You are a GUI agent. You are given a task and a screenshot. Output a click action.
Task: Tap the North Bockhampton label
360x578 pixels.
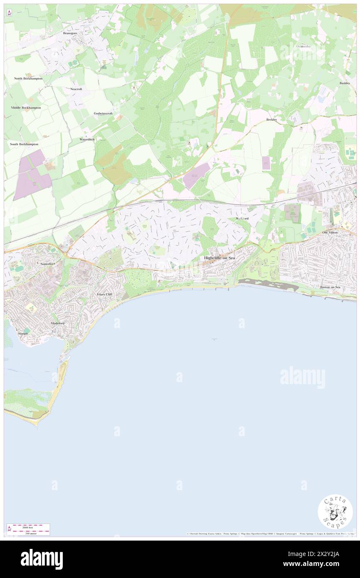28,78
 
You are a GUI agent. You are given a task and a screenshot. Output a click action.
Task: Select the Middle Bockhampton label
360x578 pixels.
26,107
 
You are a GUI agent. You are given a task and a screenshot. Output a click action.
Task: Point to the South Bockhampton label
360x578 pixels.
24,144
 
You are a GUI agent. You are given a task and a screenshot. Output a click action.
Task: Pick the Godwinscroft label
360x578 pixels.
104,113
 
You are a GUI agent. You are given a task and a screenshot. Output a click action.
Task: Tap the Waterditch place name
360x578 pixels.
87,139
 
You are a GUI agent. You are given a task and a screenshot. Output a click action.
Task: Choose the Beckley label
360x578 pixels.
272,119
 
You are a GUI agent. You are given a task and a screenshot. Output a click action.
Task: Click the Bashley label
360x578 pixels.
345,83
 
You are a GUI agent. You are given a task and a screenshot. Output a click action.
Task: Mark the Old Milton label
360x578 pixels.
331,232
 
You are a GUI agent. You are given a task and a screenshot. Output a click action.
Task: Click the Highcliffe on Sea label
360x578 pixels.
219,258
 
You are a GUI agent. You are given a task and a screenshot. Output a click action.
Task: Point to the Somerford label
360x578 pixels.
48,264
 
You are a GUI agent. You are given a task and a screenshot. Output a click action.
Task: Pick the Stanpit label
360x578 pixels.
22,333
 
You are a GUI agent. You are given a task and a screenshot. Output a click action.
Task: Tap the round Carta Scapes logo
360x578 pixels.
335,511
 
